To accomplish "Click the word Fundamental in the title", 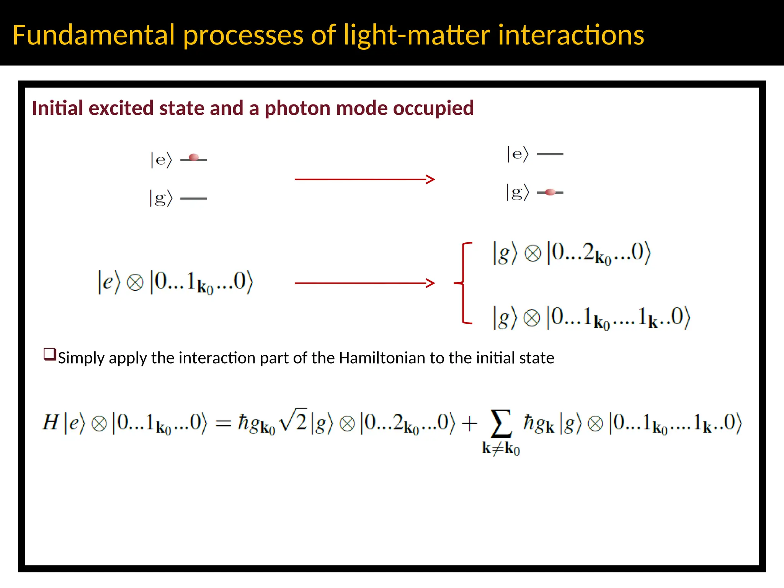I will [94, 35].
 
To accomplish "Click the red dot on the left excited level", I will [194, 157].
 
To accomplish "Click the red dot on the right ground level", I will [550, 192].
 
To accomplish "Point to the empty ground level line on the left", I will [193, 198].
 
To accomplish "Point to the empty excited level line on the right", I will [550, 154].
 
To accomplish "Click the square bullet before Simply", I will [50, 354].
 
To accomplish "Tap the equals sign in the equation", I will [223, 423].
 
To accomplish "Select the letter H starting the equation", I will [51, 423].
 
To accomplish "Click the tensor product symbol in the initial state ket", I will [135, 283].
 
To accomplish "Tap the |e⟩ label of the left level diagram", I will [161, 160].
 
